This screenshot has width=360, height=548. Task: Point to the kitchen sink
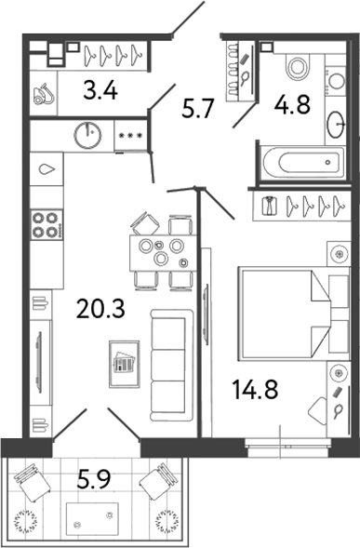(x=46, y=171)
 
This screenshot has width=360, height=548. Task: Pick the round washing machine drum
(x=88, y=135)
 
